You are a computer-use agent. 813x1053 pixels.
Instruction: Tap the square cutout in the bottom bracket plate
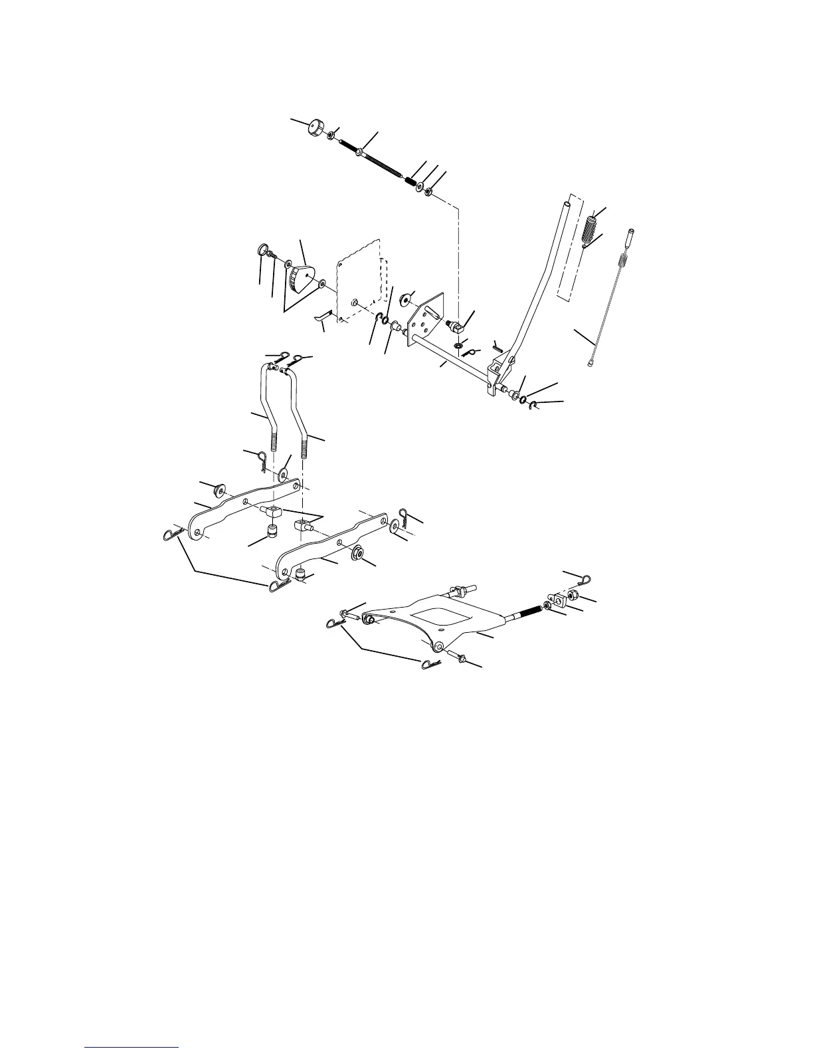coord(438,612)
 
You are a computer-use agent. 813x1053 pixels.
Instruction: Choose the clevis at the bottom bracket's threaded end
coord(558,601)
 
